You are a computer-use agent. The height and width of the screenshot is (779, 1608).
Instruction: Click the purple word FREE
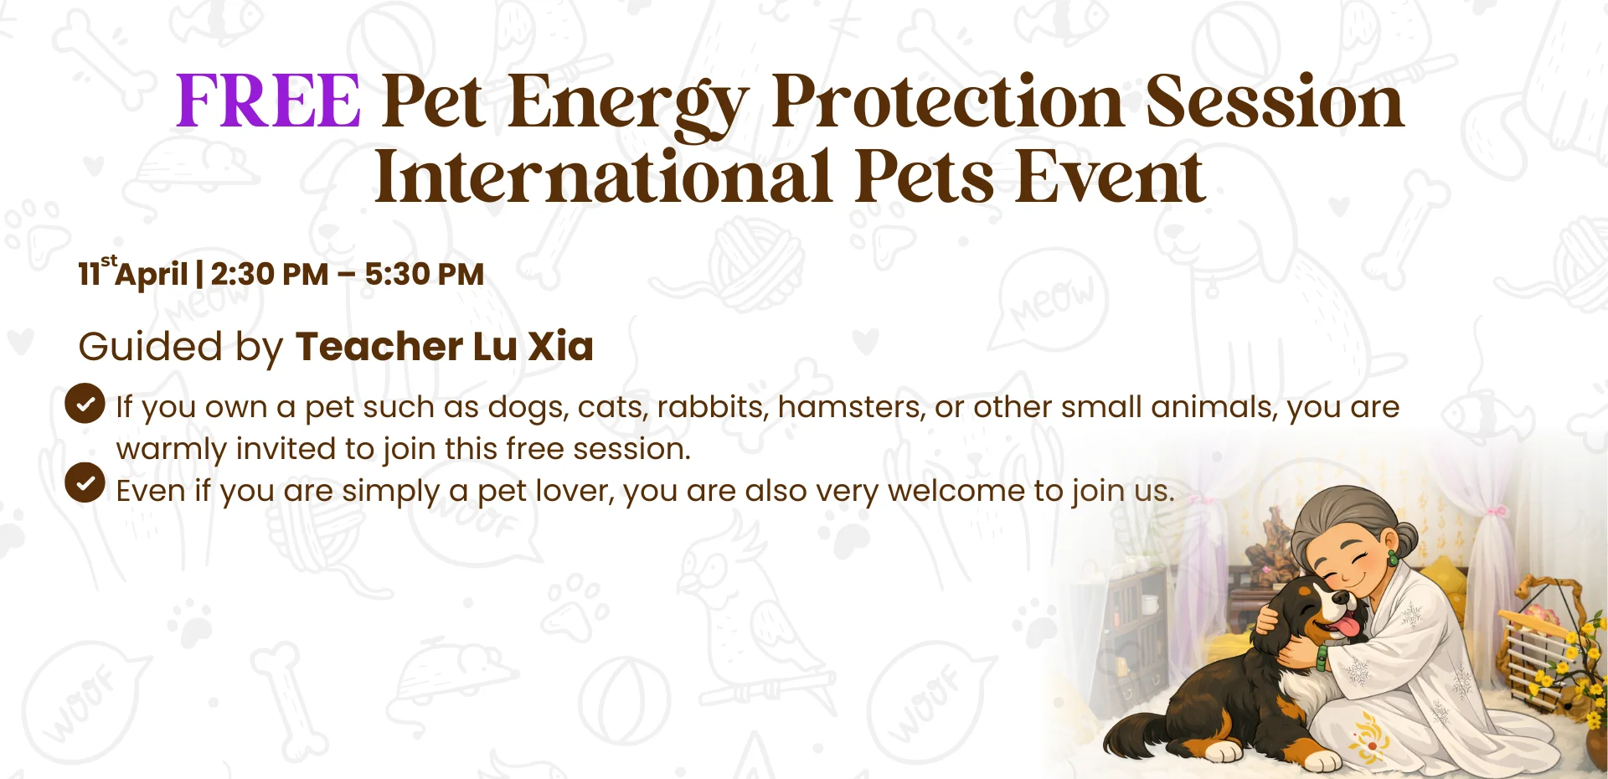coord(268,101)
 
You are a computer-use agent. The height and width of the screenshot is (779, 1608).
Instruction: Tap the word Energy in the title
coord(626,104)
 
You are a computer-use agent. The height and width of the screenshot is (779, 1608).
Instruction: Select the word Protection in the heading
coord(946,101)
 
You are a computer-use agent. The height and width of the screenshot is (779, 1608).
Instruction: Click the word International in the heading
coord(603,178)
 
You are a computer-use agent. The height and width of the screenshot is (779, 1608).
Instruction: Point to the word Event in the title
coord(1110,178)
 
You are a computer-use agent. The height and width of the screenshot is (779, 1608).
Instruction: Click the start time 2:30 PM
coord(269,275)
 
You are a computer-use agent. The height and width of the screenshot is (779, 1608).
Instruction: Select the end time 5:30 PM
coord(424,275)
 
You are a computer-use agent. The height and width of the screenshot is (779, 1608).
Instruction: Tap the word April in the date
coord(152,275)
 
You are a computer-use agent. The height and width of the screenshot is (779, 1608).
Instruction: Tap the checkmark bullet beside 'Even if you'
coord(85,482)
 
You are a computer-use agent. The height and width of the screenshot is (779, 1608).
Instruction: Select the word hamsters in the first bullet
coord(851,407)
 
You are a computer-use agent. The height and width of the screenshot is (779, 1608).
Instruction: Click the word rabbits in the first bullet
coord(711,407)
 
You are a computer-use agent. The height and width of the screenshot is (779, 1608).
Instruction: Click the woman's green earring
coord(1393,557)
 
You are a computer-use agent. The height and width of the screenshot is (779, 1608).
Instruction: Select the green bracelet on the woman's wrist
coord(1322,657)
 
